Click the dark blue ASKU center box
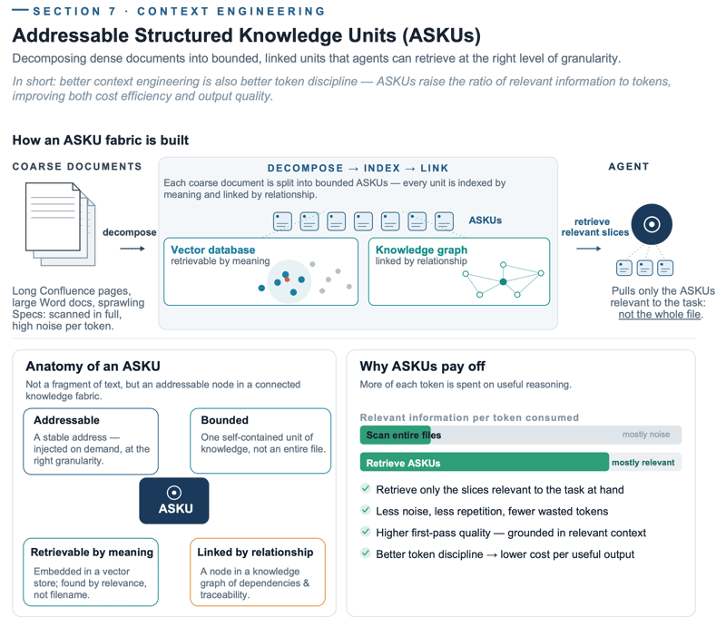tap(174, 501)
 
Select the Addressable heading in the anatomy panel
tap(66, 420)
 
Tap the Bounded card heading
tap(224, 420)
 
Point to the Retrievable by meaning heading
tap(92, 553)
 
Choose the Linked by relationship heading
tap(255, 553)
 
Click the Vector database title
tap(213, 250)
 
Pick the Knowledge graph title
tap(421, 250)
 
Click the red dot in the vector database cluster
tap(287, 279)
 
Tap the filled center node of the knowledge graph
tap(504, 282)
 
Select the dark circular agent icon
tap(652, 224)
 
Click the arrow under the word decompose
tap(132, 249)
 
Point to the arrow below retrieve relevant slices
tap(588, 249)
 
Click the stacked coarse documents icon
tap(60, 224)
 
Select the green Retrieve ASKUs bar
tap(485, 462)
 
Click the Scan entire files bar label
tap(404, 436)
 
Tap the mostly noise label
tap(646, 434)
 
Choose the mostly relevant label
tap(643, 463)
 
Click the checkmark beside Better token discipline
tap(366, 553)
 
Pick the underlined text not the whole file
tap(660, 314)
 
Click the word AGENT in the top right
tap(629, 167)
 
